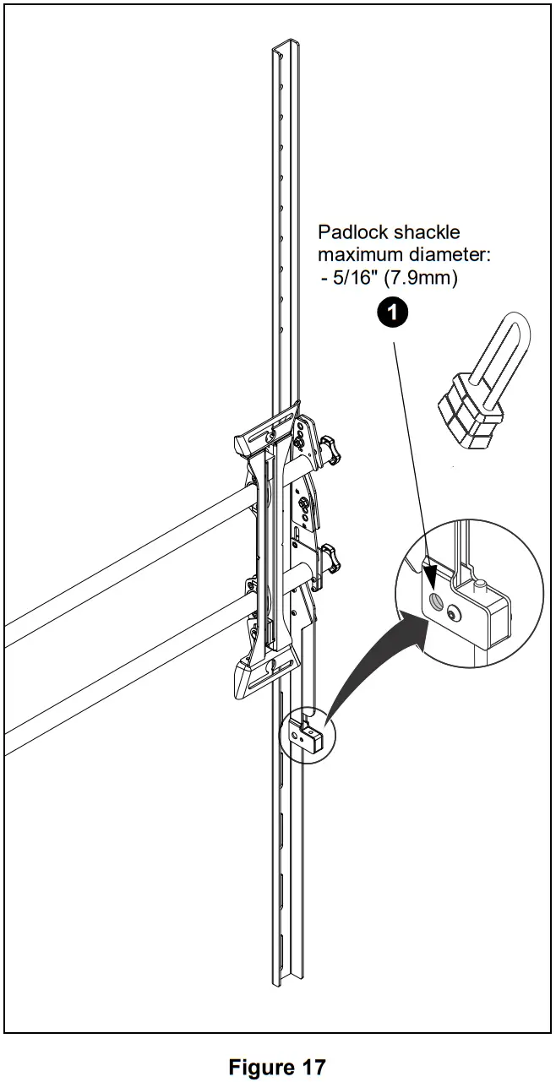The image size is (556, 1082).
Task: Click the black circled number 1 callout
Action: (391, 313)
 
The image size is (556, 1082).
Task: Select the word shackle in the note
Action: (428, 232)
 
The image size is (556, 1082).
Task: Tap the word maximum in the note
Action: (356, 254)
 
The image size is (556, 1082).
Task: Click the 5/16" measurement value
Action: (354, 277)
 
